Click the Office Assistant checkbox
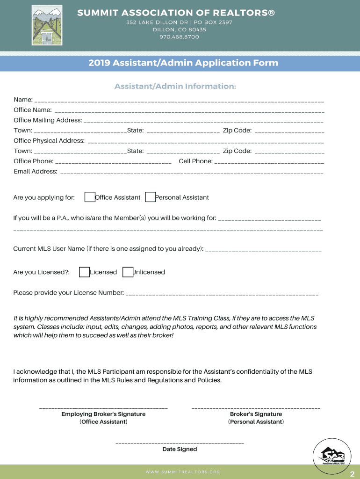(x=90, y=197)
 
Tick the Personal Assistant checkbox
(x=150, y=197)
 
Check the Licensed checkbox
(x=85, y=272)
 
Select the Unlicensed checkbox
(x=128, y=272)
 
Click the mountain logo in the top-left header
(x=47, y=25)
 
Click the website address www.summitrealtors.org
(x=183, y=472)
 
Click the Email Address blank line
(x=192, y=173)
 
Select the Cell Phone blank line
(x=269, y=163)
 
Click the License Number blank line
(x=222, y=295)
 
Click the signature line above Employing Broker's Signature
(x=103, y=408)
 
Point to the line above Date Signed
(x=180, y=443)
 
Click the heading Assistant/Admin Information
(x=175, y=87)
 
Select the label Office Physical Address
(x=49, y=141)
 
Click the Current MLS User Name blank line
(x=263, y=251)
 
